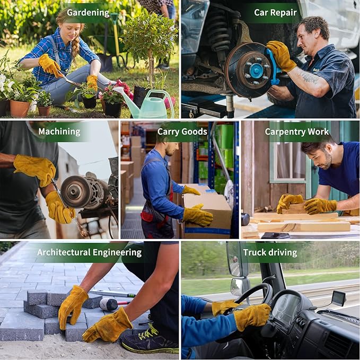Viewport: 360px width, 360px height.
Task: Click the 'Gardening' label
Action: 88,12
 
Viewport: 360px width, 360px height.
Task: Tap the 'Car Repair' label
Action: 275,12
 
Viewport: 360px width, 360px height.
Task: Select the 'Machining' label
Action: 59,131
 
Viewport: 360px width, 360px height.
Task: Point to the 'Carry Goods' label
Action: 182,131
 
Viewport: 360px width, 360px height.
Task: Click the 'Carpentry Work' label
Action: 297,131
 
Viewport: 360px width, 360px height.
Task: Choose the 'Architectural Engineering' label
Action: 89,252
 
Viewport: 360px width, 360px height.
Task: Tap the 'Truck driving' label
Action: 270,252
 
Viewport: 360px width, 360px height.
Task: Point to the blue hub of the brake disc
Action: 256,71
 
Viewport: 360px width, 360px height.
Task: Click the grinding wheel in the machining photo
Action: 75,192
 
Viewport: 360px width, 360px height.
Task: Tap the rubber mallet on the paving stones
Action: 108,304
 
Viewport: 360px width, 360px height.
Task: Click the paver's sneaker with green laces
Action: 148,339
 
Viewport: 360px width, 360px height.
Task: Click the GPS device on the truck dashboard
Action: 338,298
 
